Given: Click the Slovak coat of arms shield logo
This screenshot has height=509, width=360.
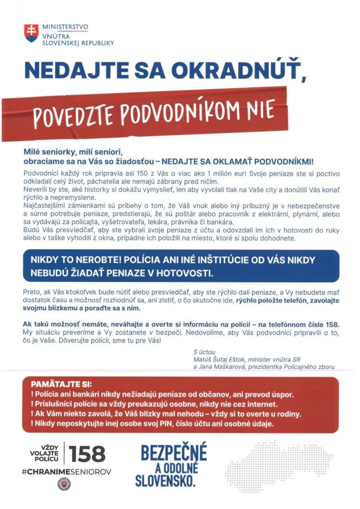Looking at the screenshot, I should [31, 33].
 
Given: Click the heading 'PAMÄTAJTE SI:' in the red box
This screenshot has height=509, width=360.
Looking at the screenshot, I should [58, 385].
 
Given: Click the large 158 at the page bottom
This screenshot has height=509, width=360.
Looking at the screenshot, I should [87, 453].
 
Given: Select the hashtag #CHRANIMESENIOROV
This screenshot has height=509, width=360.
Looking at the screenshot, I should [67, 471].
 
